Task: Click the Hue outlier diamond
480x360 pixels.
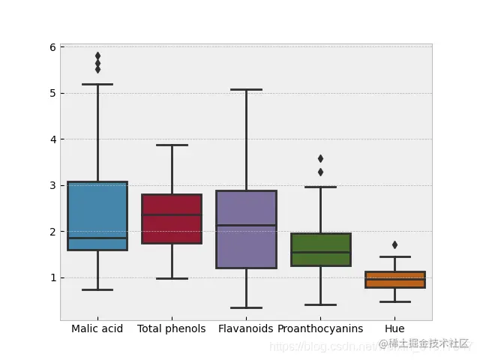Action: tap(394, 244)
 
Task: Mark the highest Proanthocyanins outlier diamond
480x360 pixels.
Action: tap(320, 158)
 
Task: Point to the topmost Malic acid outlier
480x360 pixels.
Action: tap(97, 55)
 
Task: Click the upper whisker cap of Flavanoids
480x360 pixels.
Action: tap(246, 89)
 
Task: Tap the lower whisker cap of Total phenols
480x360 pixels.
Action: tap(172, 278)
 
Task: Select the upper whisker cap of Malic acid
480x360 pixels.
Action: tap(97, 84)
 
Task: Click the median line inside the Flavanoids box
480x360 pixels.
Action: tap(246, 225)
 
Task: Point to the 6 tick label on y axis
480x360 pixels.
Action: tap(52, 47)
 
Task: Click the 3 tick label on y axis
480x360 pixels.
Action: tap(52, 185)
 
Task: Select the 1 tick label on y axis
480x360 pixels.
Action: tap(52, 277)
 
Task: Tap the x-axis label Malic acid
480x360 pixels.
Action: tap(97, 328)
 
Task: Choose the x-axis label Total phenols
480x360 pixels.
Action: tap(172, 328)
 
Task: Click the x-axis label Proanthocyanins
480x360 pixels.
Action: tap(320, 328)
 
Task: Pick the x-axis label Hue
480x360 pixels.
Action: tap(394, 328)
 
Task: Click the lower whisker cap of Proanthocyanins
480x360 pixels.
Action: tap(320, 304)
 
